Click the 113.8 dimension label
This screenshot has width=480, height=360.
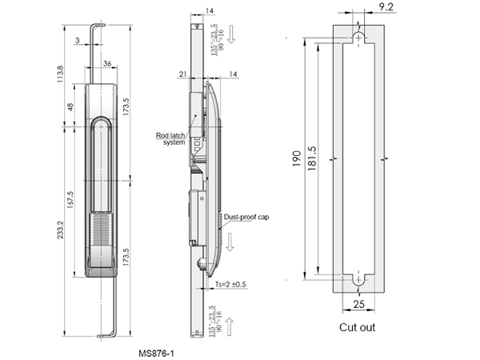point(60,78)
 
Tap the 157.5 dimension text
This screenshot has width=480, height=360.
point(72,199)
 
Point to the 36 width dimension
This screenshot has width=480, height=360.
point(107,63)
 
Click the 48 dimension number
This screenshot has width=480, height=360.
point(71,107)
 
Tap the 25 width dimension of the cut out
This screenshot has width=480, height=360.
point(358,305)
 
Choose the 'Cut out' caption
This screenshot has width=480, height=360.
point(357,327)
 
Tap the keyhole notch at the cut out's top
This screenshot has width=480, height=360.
point(358,38)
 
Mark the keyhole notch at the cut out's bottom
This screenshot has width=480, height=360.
point(358,280)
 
